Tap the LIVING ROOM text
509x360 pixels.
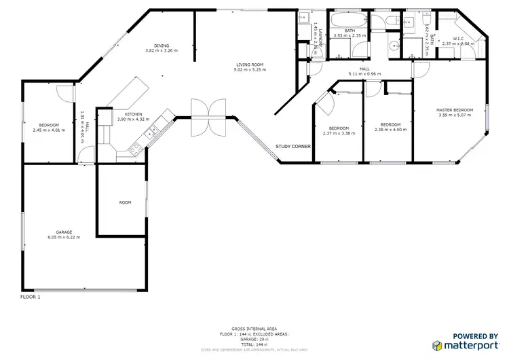[x=250, y=65]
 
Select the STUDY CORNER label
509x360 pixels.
[x=293, y=146]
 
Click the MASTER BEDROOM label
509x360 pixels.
[x=454, y=110]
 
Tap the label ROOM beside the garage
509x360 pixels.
[x=125, y=202]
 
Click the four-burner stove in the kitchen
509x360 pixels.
[x=136, y=146]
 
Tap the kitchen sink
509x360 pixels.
[x=154, y=127]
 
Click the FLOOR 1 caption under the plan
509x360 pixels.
[x=31, y=297]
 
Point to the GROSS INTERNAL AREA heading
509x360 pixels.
[x=252, y=327]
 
